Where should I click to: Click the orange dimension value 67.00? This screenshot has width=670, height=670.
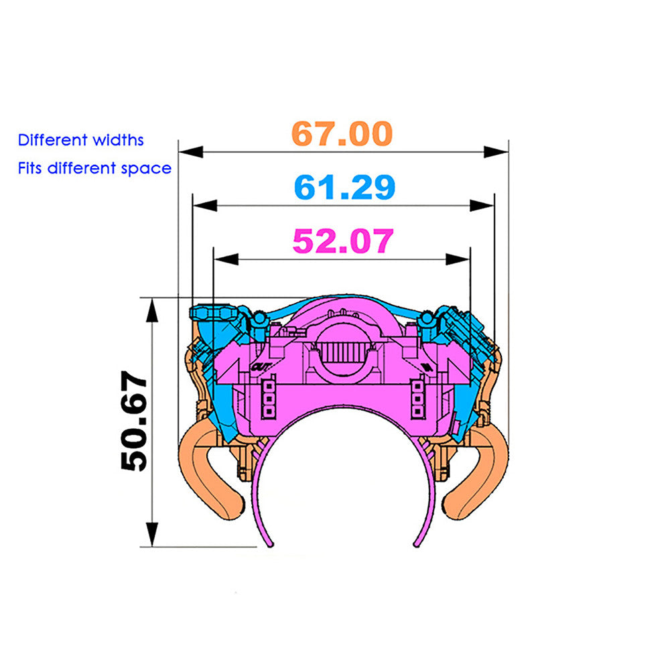point(342,134)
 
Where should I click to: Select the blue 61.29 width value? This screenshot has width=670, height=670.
point(345,187)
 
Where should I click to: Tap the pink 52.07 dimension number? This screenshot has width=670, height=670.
point(343,241)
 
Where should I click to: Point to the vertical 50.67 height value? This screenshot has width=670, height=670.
point(134,421)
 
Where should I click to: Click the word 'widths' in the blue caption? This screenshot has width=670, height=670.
point(119,140)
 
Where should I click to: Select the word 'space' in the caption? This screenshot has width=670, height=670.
point(146,169)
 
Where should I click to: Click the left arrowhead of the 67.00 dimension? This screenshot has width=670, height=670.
point(190,151)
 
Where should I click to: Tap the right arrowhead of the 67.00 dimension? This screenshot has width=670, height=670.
point(496,151)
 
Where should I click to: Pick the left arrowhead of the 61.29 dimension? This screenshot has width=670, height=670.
point(205,206)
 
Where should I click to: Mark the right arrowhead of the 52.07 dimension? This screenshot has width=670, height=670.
point(458,259)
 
